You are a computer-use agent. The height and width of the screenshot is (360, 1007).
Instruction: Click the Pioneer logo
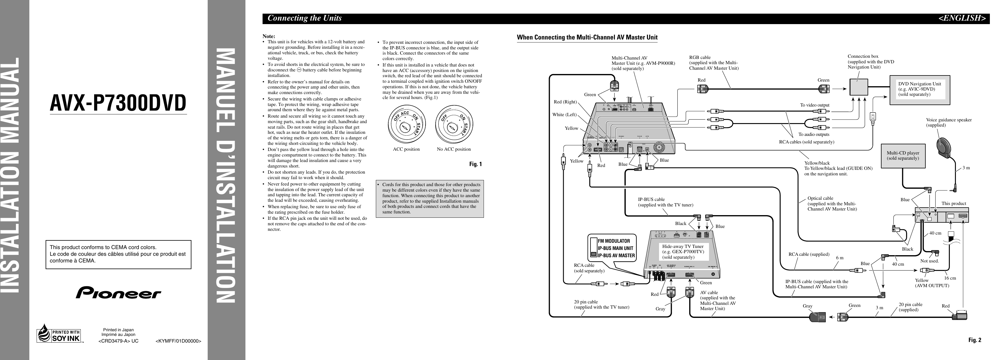coord(119,292)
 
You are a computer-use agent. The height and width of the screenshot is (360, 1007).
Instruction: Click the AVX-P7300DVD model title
coord(118,103)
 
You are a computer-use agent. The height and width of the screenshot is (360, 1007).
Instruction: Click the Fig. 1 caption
coord(475,164)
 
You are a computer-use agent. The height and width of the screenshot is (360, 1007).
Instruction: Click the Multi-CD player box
coord(903,156)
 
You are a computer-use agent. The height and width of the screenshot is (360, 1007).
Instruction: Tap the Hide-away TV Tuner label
coord(683,252)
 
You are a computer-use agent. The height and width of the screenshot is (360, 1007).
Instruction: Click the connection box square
coord(859,87)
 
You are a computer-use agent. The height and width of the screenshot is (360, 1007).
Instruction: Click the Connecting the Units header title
coord(304,18)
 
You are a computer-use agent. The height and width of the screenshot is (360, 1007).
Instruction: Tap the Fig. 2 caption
coord(974,340)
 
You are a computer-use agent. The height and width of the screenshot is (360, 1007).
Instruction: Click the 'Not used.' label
coord(929,261)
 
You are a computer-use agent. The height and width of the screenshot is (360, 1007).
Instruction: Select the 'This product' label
coord(954,204)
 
